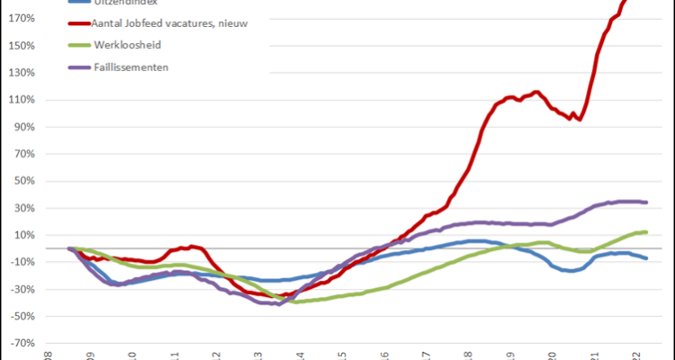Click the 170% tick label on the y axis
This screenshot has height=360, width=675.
click(22, 19)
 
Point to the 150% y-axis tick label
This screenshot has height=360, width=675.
click(22, 46)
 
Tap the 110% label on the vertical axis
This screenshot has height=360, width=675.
click(22, 100)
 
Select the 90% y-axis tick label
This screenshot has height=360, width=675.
click(25, 127)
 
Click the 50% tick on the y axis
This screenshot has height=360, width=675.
click(25, 181)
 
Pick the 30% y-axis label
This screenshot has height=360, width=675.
click(25, 208)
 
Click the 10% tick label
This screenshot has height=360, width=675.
click(25, 235)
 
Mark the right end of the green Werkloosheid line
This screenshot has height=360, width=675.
click(647, 232)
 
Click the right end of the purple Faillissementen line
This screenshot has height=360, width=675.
click(647, 202)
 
